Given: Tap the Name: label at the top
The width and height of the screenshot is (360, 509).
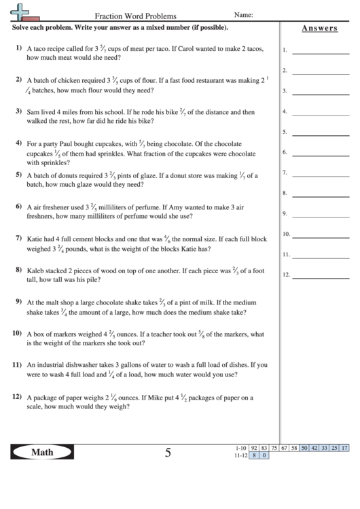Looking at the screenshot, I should (244, 14).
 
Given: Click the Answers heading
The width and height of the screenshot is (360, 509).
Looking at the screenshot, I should (319, 28).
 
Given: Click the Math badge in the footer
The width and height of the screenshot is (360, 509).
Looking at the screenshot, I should (43, 453).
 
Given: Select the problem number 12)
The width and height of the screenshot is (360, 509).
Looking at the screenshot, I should (17, 396).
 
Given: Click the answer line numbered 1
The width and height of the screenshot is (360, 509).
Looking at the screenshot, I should (320, 51).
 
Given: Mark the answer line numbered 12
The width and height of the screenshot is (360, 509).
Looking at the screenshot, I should (320, 276).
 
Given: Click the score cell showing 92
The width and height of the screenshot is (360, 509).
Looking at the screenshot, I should (254, 448).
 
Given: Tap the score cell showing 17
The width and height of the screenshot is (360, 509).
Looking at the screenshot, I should (344, 448).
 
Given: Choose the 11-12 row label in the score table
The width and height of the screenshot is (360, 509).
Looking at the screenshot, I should (238, 455).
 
